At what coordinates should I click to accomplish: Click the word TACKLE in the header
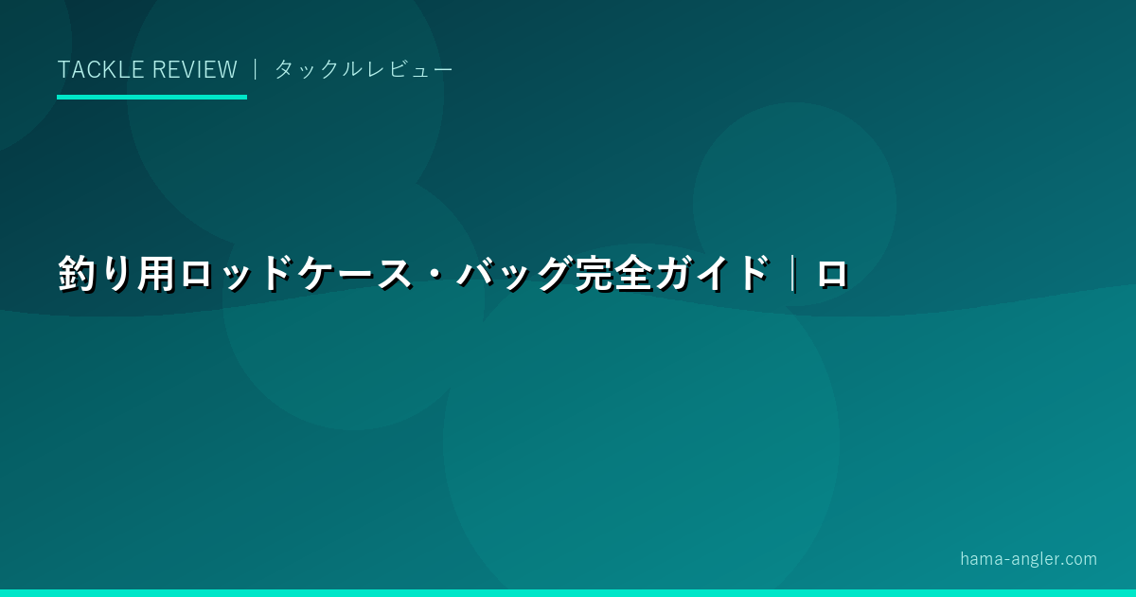point(100,69)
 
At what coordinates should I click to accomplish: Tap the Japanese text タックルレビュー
point(364,69)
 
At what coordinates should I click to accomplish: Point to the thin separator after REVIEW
point(256,69)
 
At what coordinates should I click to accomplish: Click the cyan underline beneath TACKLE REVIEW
point(151,97)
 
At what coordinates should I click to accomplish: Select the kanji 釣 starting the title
point(77,274)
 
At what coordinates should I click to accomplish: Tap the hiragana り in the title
point(116,274)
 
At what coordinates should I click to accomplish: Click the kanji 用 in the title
point(156,274)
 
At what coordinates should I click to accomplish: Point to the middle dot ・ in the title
point(435,274)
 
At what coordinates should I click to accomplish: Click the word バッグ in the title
point(513,274)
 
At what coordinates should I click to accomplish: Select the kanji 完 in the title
point(594,274)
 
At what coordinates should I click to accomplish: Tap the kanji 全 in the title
point(633,274)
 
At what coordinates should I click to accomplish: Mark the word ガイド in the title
point(713,274)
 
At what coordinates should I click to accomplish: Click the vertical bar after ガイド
point(793,274)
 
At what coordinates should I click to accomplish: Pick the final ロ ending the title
point(832,275)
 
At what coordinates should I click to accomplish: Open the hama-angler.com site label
point(1028,559)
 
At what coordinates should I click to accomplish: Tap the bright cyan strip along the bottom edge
point(568,593)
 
